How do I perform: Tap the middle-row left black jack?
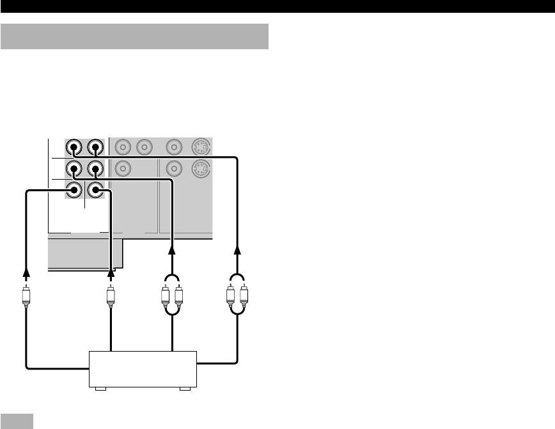point(74,170)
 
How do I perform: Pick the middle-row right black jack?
point(95,170)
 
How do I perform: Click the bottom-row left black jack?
point(74,190)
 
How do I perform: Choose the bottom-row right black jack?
point(95,190)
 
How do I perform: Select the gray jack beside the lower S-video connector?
point(173,170)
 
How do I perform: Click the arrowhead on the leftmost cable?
point(26,274)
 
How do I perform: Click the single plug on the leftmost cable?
point(26,297)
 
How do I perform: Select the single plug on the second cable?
point(111,297)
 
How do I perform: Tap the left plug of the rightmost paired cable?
point(231,297)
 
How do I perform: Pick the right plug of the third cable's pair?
point(179,297)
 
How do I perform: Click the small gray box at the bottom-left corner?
point(17,421)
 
